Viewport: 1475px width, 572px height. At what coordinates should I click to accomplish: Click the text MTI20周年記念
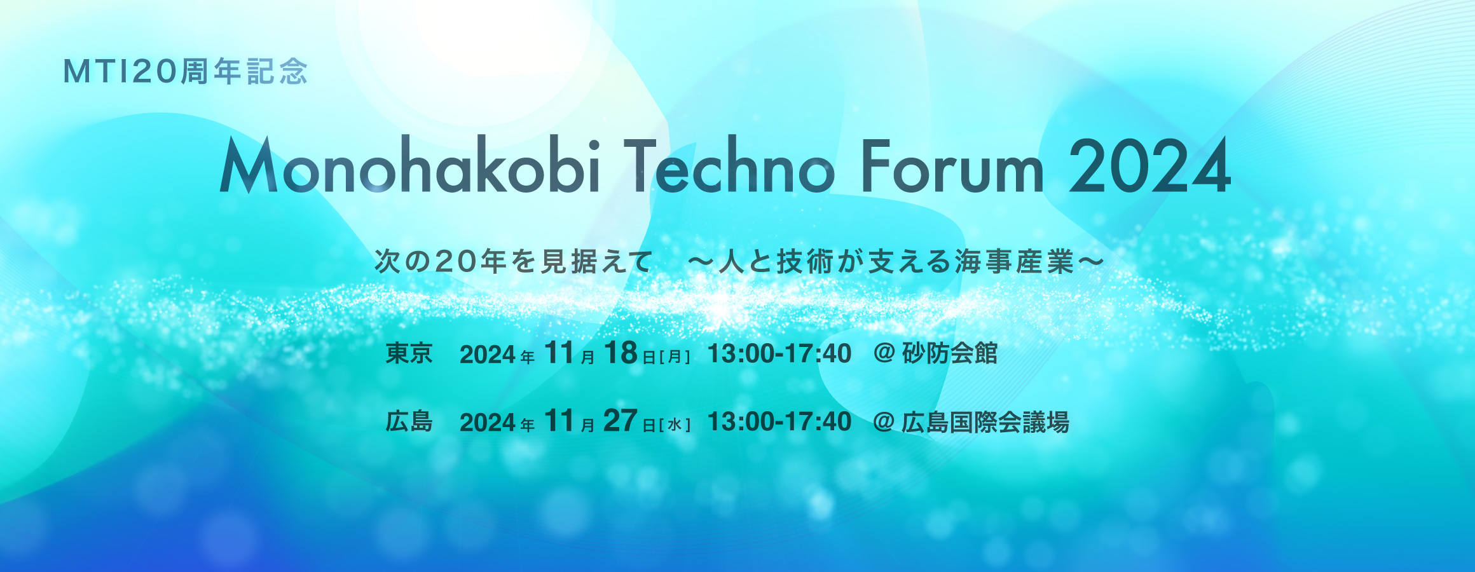[186, 72]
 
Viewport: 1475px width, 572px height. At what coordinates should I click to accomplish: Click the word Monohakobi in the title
[410, 165]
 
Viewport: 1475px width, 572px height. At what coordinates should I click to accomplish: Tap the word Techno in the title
[729, 165]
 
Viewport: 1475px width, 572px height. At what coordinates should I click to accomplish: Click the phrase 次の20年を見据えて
[514, 262]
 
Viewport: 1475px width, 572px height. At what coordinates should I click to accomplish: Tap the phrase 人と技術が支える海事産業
[896, 262]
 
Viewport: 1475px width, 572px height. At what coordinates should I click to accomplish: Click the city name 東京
[409, 353]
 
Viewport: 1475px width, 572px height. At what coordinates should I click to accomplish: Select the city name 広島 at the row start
[409, 421]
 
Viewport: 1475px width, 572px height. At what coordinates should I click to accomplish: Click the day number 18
[621, 353]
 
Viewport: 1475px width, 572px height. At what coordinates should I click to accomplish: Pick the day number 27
[621, 421]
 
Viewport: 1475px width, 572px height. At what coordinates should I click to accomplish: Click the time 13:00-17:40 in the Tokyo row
[779, 353]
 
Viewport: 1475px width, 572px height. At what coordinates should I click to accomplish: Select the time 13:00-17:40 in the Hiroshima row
[779, 421]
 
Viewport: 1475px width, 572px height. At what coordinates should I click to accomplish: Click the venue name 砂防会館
[950, 353]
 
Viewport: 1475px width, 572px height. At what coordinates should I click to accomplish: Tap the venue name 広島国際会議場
[985, 422]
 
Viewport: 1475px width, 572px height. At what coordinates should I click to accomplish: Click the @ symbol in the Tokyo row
[884, 353]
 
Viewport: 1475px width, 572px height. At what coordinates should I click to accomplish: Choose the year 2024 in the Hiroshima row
[488, 423]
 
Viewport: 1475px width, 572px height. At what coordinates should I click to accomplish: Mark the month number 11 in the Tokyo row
[559, 353]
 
